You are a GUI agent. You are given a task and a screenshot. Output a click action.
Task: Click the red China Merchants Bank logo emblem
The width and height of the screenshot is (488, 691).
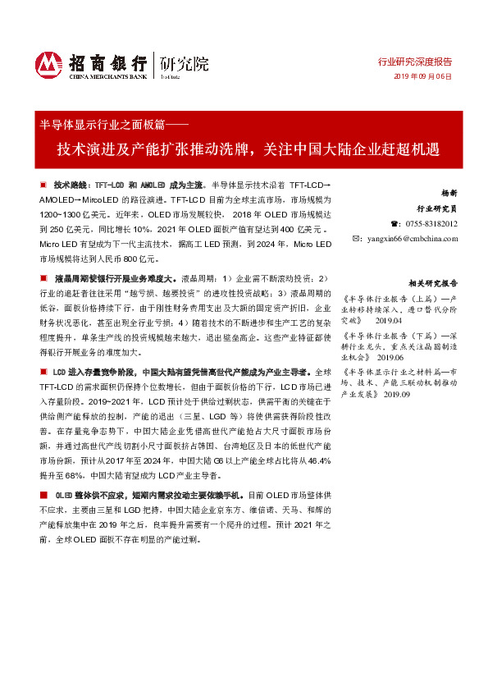[49, 64]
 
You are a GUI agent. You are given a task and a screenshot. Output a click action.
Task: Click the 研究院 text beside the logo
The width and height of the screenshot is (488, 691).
[183, 62]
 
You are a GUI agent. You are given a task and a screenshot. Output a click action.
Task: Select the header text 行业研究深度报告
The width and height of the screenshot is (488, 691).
[414, 62]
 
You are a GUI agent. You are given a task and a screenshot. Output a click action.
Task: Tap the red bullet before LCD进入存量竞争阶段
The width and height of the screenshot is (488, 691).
[43, 373]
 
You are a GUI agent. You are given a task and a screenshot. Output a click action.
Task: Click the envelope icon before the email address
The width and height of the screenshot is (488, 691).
[357, 238]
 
